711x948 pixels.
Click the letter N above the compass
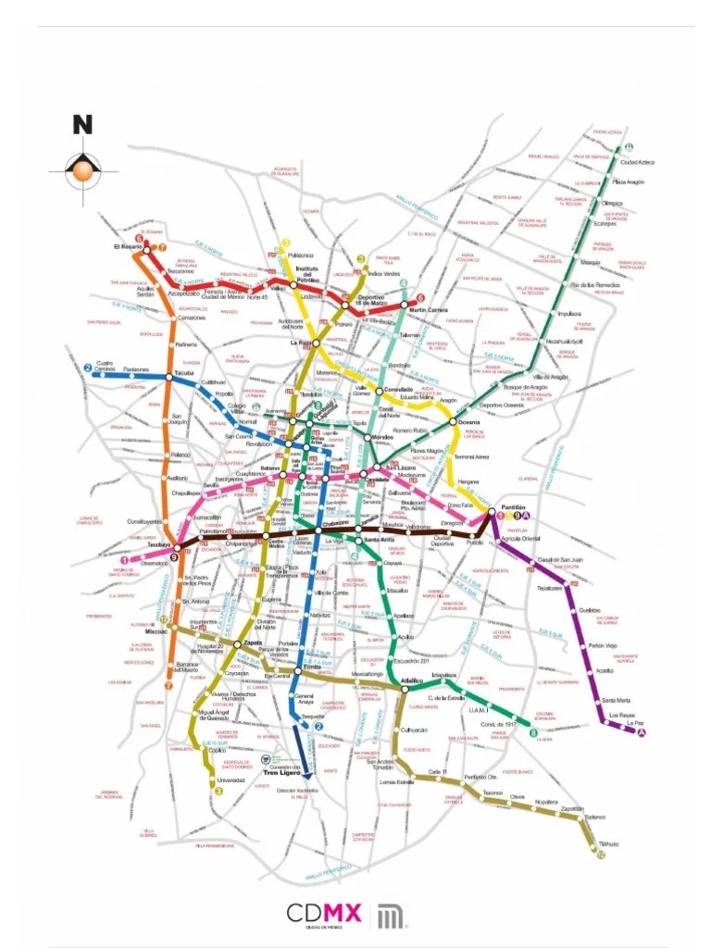tap(83, 124)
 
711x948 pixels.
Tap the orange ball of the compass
tap(83, 169)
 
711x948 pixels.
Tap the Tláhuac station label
tap(608, 844)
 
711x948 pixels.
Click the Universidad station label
tap(231, 780)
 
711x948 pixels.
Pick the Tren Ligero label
tap(284, 772)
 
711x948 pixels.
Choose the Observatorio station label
tap(154, 564)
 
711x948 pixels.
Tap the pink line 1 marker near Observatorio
tap(125, 560)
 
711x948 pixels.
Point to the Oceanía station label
tap(469, 421)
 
